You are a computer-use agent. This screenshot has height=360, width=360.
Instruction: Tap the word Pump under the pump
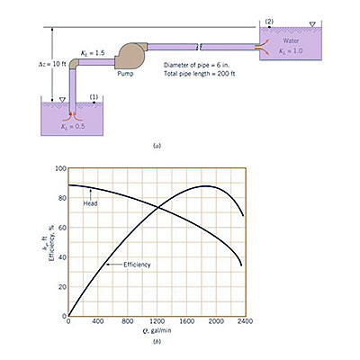[125, 74]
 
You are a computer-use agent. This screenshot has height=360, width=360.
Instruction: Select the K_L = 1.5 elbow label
[93, 53]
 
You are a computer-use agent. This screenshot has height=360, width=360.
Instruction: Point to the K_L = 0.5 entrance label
[73, 126]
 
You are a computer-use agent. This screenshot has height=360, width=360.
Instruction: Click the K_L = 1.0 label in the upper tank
[291, 50]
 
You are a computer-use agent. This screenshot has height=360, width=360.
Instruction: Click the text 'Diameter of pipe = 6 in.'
[197, 65]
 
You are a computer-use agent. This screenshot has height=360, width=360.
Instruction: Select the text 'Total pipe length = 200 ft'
[200, 74]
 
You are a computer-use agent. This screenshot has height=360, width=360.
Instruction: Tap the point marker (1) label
[94, 97]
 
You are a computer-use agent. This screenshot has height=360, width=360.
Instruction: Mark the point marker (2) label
[269, 22]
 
